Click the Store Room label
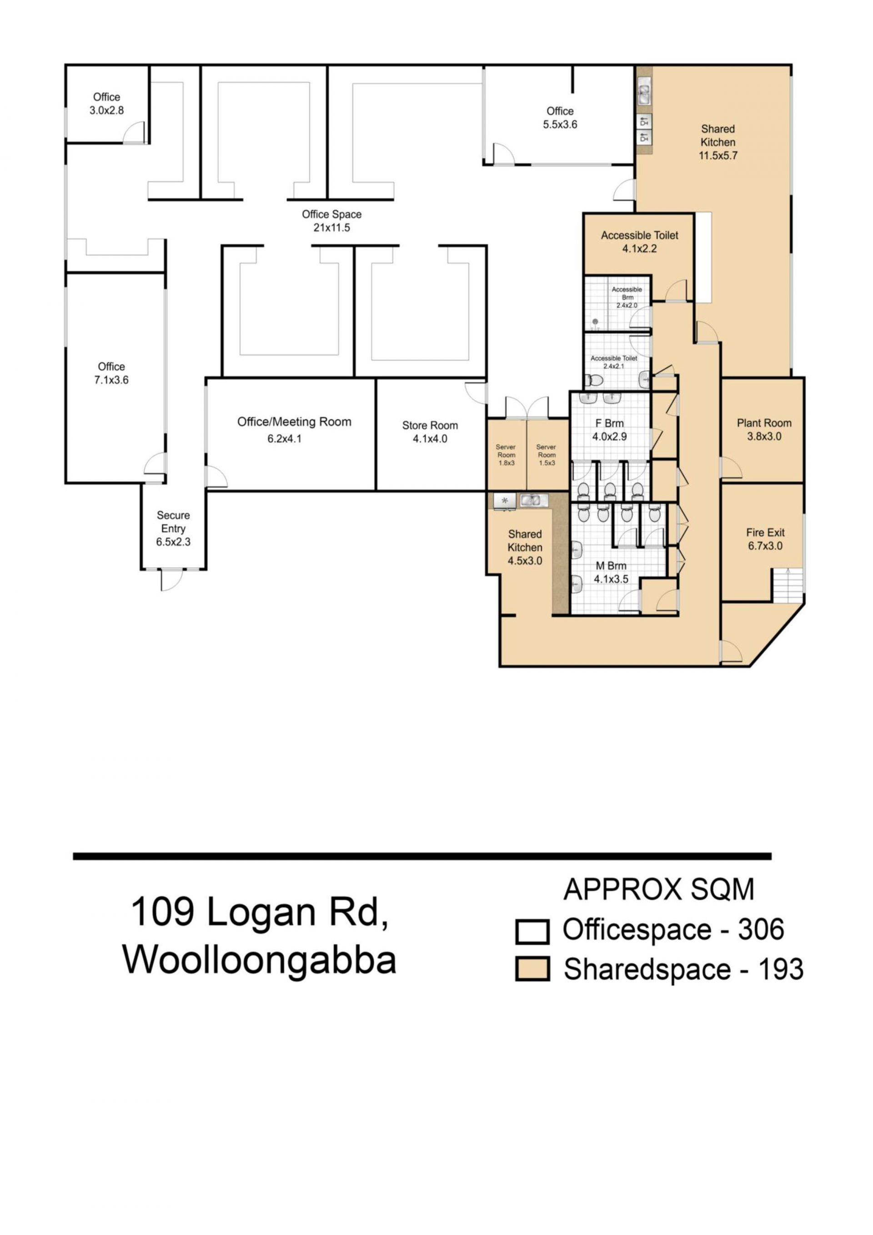point(430,432)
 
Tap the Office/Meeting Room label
point(294,430)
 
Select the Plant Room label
point(764,429)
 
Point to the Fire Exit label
point(765,539)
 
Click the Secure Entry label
point(173,528)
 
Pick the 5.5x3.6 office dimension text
point(560,124)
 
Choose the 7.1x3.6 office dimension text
point(111,380)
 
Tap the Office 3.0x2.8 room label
point(106,103)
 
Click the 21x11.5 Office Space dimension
point(331,227)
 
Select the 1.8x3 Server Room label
point(506,454)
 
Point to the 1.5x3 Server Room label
point(546,454)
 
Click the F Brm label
point(610,430)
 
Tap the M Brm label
point(611,572)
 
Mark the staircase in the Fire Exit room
point(788,585)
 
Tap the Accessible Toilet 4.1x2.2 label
point(640,242)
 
